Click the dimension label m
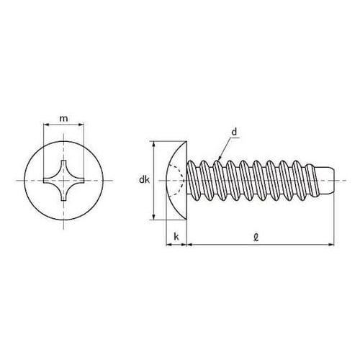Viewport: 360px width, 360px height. [63, 119]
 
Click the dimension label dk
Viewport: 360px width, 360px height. [144, 180]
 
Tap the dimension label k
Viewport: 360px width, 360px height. [176, 237]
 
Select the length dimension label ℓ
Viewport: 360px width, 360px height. [256, 238]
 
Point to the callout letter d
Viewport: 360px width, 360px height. [234, 132]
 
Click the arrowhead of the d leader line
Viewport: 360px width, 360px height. [220, 158]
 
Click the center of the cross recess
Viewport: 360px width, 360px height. [63, 180]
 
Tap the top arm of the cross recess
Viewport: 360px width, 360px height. [63, 166]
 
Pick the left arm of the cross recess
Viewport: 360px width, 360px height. [50, 180]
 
